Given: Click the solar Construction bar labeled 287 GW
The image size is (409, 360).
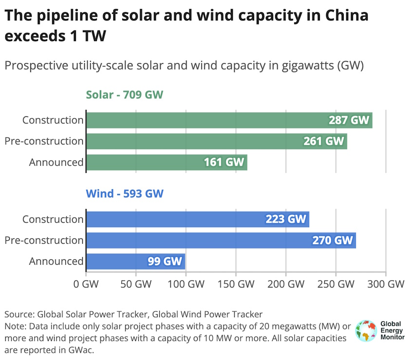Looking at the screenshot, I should tap(229, 120).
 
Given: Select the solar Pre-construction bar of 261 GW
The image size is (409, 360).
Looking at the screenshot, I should tap(216, 141).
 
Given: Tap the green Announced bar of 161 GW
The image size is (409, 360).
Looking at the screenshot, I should tap(167, 162).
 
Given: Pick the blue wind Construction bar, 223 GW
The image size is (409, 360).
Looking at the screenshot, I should tap(197, 219).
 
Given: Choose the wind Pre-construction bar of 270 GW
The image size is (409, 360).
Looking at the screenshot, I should tap(221, 240).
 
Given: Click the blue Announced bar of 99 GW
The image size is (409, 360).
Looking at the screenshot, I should tap(135, 261).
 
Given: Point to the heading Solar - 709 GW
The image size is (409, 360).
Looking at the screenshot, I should tap(124, 94).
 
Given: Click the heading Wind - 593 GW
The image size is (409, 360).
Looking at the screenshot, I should tap(124, 194).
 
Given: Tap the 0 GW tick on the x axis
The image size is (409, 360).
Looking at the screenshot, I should tap(86, 284).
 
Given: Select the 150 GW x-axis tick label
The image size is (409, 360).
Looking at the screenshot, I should tap(236, 284).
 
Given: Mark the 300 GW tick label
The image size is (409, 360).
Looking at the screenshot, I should tap(386, 284).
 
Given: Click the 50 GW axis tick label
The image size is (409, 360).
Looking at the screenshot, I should tap(136, 284).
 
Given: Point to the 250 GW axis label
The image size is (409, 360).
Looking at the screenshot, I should tap(335, 284).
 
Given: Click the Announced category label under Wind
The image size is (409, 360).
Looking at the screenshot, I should tap(56, 261).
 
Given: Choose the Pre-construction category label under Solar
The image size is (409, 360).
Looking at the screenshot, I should tap(44, 141).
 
